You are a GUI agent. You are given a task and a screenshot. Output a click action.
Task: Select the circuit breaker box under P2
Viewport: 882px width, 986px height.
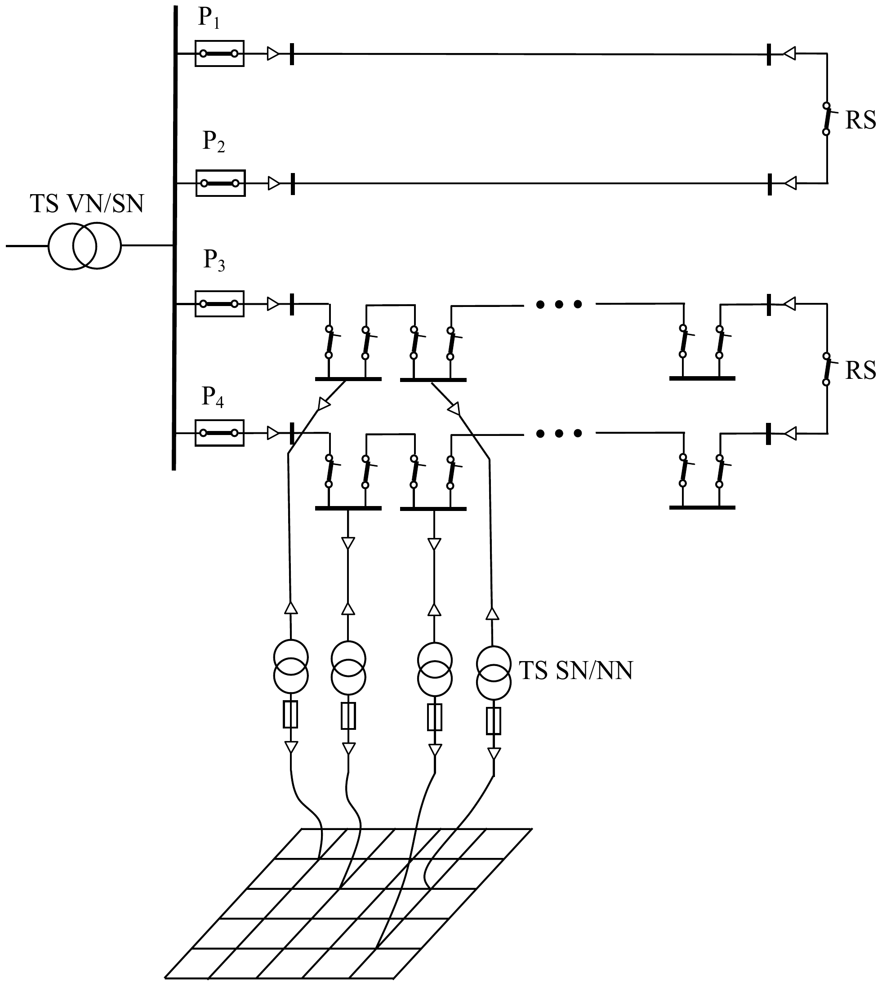click(220, 183)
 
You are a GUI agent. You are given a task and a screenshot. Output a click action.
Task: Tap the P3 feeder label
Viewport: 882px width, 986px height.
click(214, 261)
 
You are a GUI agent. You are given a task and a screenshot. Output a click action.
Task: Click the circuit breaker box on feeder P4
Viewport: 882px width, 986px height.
click(219, 433)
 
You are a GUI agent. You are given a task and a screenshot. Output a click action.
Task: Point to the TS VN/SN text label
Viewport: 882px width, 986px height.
click(87, 204)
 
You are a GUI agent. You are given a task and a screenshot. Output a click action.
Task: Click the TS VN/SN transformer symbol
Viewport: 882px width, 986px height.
click(85, 246)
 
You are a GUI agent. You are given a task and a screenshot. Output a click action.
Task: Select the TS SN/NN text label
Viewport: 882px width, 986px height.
click(576, 671)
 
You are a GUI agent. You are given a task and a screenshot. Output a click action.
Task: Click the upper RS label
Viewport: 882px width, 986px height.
click(861, 120)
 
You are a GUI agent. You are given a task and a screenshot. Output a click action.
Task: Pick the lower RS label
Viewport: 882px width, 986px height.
click(861, 371)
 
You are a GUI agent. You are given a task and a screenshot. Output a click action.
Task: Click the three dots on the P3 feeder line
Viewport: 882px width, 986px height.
click(559, 304)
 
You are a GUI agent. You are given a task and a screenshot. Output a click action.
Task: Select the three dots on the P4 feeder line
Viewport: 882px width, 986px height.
click(559, 433)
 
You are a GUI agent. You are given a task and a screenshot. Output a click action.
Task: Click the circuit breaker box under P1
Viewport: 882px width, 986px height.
click(219, 53)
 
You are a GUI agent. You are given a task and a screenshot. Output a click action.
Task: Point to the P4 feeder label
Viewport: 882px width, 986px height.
click(213, 398)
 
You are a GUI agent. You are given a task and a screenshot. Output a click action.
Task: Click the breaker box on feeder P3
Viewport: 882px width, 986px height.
click(219, 304)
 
